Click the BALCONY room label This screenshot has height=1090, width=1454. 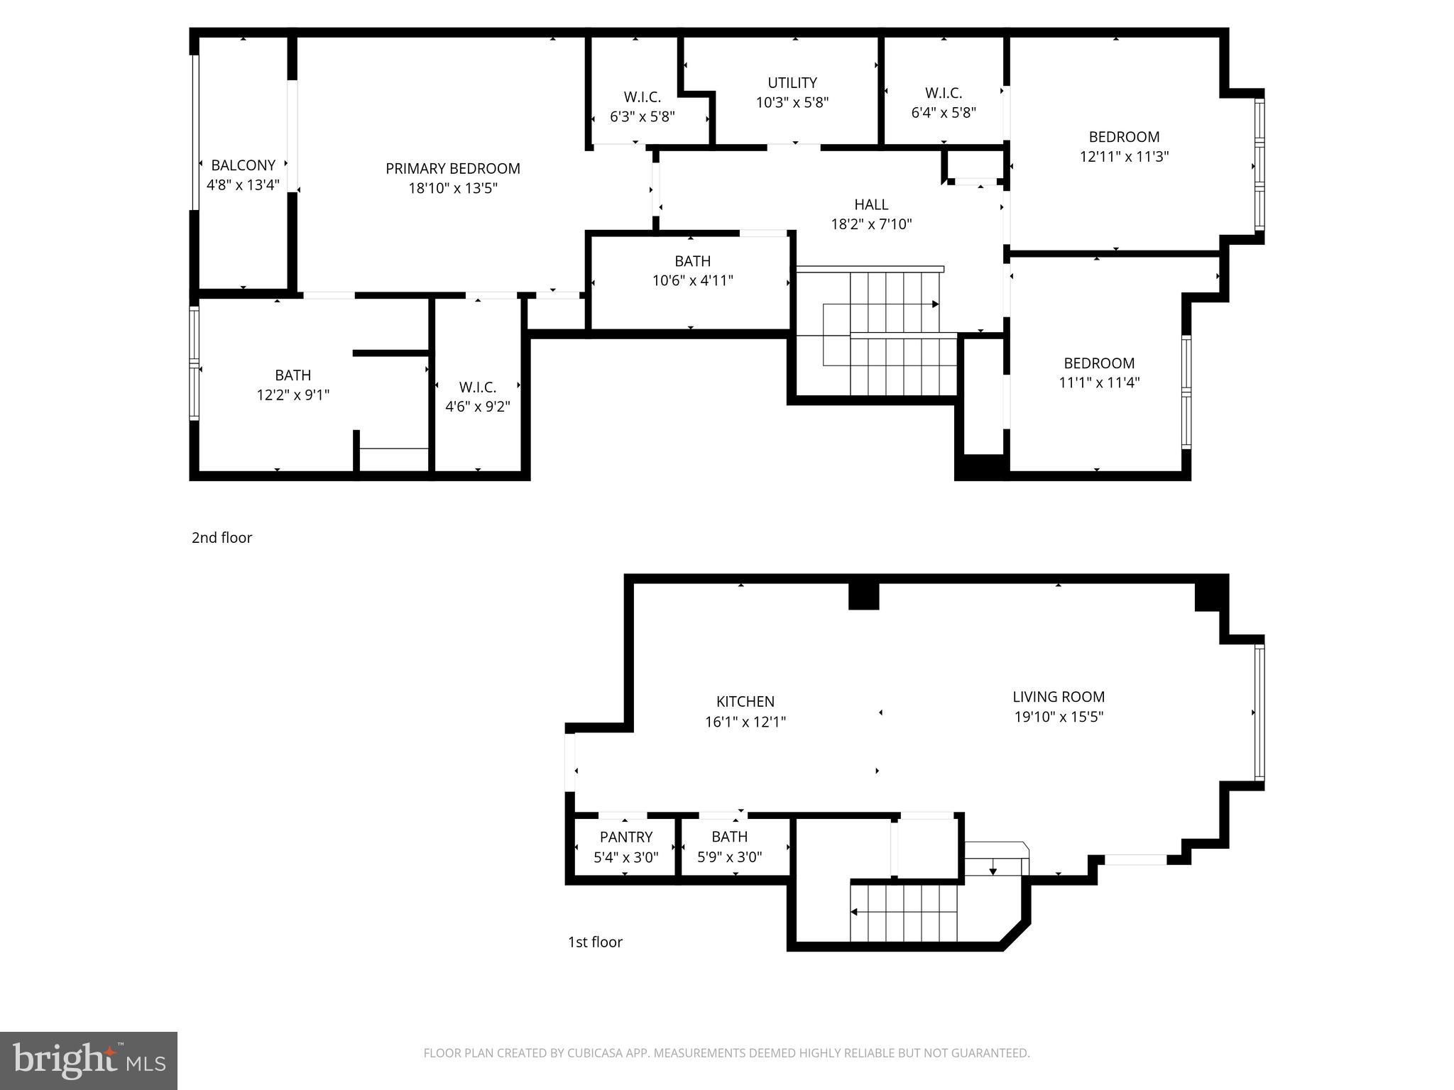tap(243, 165)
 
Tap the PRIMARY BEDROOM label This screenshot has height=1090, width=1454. tap(452, 169)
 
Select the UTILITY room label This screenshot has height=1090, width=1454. tap(792, 83)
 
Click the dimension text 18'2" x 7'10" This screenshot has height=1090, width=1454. tap(871, 224)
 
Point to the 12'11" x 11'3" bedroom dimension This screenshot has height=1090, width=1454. tap(1124, 157)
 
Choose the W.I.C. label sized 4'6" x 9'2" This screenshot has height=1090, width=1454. tap(477, 387)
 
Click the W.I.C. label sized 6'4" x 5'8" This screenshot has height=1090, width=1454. tap(943, 93)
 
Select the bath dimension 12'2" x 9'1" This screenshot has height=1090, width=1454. tap(293, 395)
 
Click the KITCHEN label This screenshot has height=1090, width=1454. tap(745, 702)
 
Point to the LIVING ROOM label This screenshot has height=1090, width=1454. tap(1058, 697)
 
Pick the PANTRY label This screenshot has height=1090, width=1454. tap(625, 837)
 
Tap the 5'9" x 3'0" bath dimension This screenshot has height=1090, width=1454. tap(729, 857)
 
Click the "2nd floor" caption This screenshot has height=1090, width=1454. tap(222, 538)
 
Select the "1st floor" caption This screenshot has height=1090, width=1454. tap(595, 942)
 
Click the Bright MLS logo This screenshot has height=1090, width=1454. tap(89, 1060)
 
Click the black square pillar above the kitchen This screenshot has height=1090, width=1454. tap(863, 596)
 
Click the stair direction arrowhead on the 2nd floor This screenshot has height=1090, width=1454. tap(935, 304)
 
